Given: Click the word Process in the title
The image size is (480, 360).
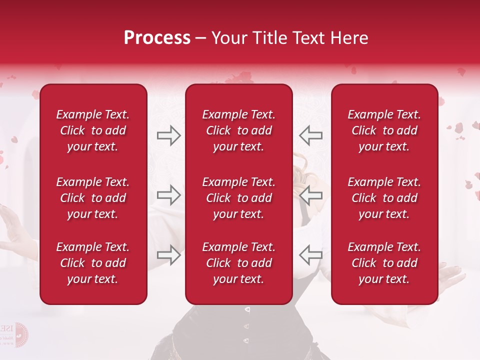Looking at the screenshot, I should (157, 38).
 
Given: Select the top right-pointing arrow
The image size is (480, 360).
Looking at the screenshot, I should (168, 135).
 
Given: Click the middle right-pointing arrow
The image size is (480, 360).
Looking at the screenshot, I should (168, 195).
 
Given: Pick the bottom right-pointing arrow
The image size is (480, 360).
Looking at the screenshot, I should (168, 255).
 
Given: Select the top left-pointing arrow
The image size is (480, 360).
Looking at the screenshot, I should (311, 135).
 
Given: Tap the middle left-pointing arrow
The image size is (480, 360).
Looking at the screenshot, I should (311, 195).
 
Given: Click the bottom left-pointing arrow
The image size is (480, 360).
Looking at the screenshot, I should (311, 255).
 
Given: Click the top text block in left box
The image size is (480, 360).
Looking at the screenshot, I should (93, 130).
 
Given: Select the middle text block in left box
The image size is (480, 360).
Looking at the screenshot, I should (93, 198).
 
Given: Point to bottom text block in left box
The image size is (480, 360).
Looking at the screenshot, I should (93, 263).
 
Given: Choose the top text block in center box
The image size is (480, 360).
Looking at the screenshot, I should (238, 130).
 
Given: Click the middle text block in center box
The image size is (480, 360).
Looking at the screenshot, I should (238, 198).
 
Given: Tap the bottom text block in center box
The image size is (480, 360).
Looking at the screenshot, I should (238, 263).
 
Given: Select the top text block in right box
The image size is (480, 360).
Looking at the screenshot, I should (384, 130).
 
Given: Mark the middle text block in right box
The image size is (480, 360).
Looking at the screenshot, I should (384, 198).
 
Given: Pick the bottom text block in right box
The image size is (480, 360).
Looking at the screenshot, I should (384, 263).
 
